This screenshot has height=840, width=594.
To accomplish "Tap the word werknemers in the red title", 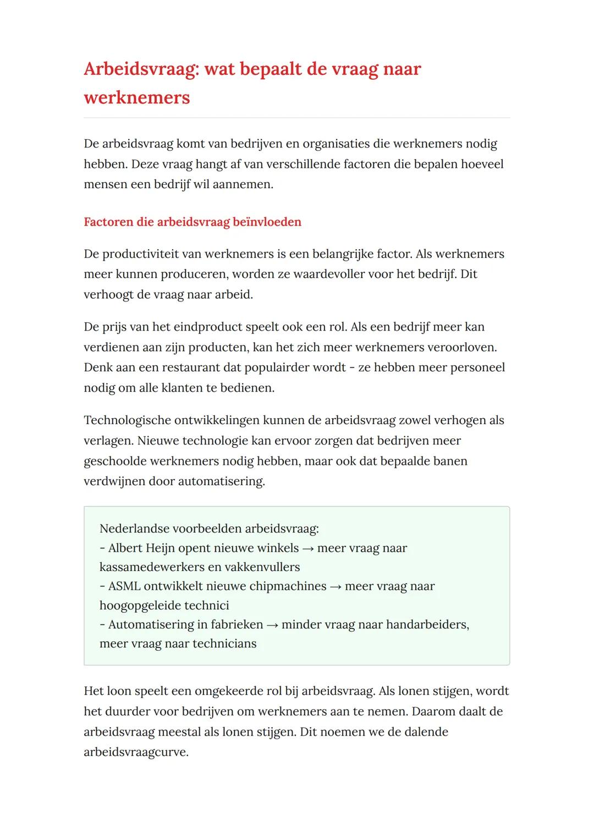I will point(136,98).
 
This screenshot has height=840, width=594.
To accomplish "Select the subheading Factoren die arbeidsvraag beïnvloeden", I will point(193,222).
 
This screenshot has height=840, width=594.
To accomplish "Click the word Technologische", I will point(127,421).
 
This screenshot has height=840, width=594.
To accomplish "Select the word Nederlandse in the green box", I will point(134,529).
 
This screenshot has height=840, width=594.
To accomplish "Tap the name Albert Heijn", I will point(141,548).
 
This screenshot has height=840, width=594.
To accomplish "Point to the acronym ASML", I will point(124,586).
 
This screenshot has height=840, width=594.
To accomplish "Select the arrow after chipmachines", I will point(335,587).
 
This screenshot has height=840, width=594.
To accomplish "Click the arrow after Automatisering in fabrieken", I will point(272,625).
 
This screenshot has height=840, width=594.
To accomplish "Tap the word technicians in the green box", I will point(224,644).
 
